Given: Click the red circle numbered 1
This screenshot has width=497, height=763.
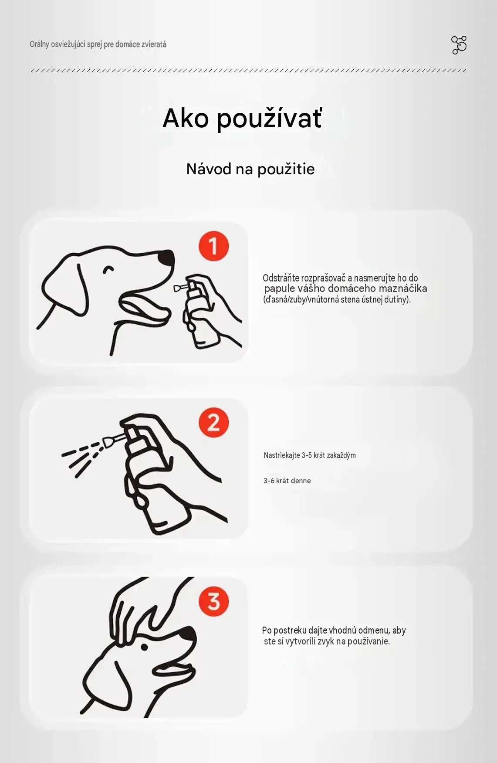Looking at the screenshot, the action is coord(213,246).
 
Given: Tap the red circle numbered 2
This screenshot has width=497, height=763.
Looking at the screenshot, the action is coord(213,423).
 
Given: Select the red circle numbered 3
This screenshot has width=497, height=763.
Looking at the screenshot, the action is coord(213,601).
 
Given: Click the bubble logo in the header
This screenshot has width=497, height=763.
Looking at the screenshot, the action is coord(459,45).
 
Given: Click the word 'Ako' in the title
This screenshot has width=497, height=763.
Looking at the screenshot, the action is coord(186,118).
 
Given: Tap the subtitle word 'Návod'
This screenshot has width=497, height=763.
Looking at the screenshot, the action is coord(209,169).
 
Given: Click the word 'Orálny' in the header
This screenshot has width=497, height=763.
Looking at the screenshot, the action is coord(39,44).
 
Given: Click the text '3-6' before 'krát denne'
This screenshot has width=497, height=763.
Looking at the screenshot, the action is coord(269,481).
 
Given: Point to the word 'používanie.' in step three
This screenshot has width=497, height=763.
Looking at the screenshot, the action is coord(369,641).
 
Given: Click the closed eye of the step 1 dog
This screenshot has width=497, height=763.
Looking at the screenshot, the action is coord(108,269).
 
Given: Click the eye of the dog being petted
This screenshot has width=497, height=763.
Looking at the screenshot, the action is coord(144,647).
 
